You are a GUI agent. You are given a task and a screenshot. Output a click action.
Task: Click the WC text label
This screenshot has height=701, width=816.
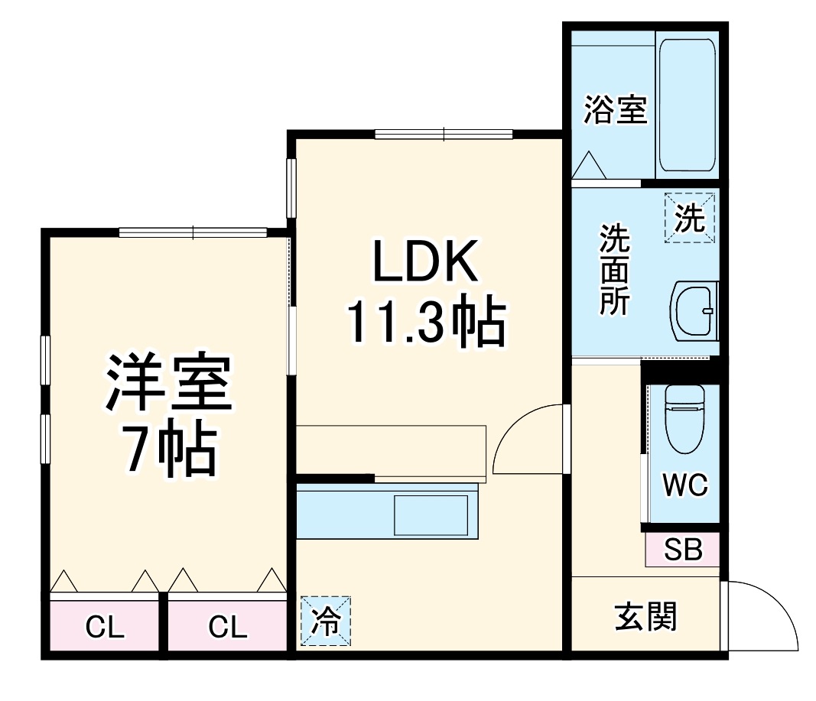tap(684, 485)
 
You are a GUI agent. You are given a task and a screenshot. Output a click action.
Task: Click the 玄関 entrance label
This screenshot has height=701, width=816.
tap(645, 617)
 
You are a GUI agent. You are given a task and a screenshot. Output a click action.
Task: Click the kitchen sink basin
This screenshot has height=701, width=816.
tap(431, 515)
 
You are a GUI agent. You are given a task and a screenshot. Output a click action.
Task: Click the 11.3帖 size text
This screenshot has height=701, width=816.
tap(426, 323)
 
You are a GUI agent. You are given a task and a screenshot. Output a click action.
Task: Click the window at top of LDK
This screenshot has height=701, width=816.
tap(444, 135)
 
